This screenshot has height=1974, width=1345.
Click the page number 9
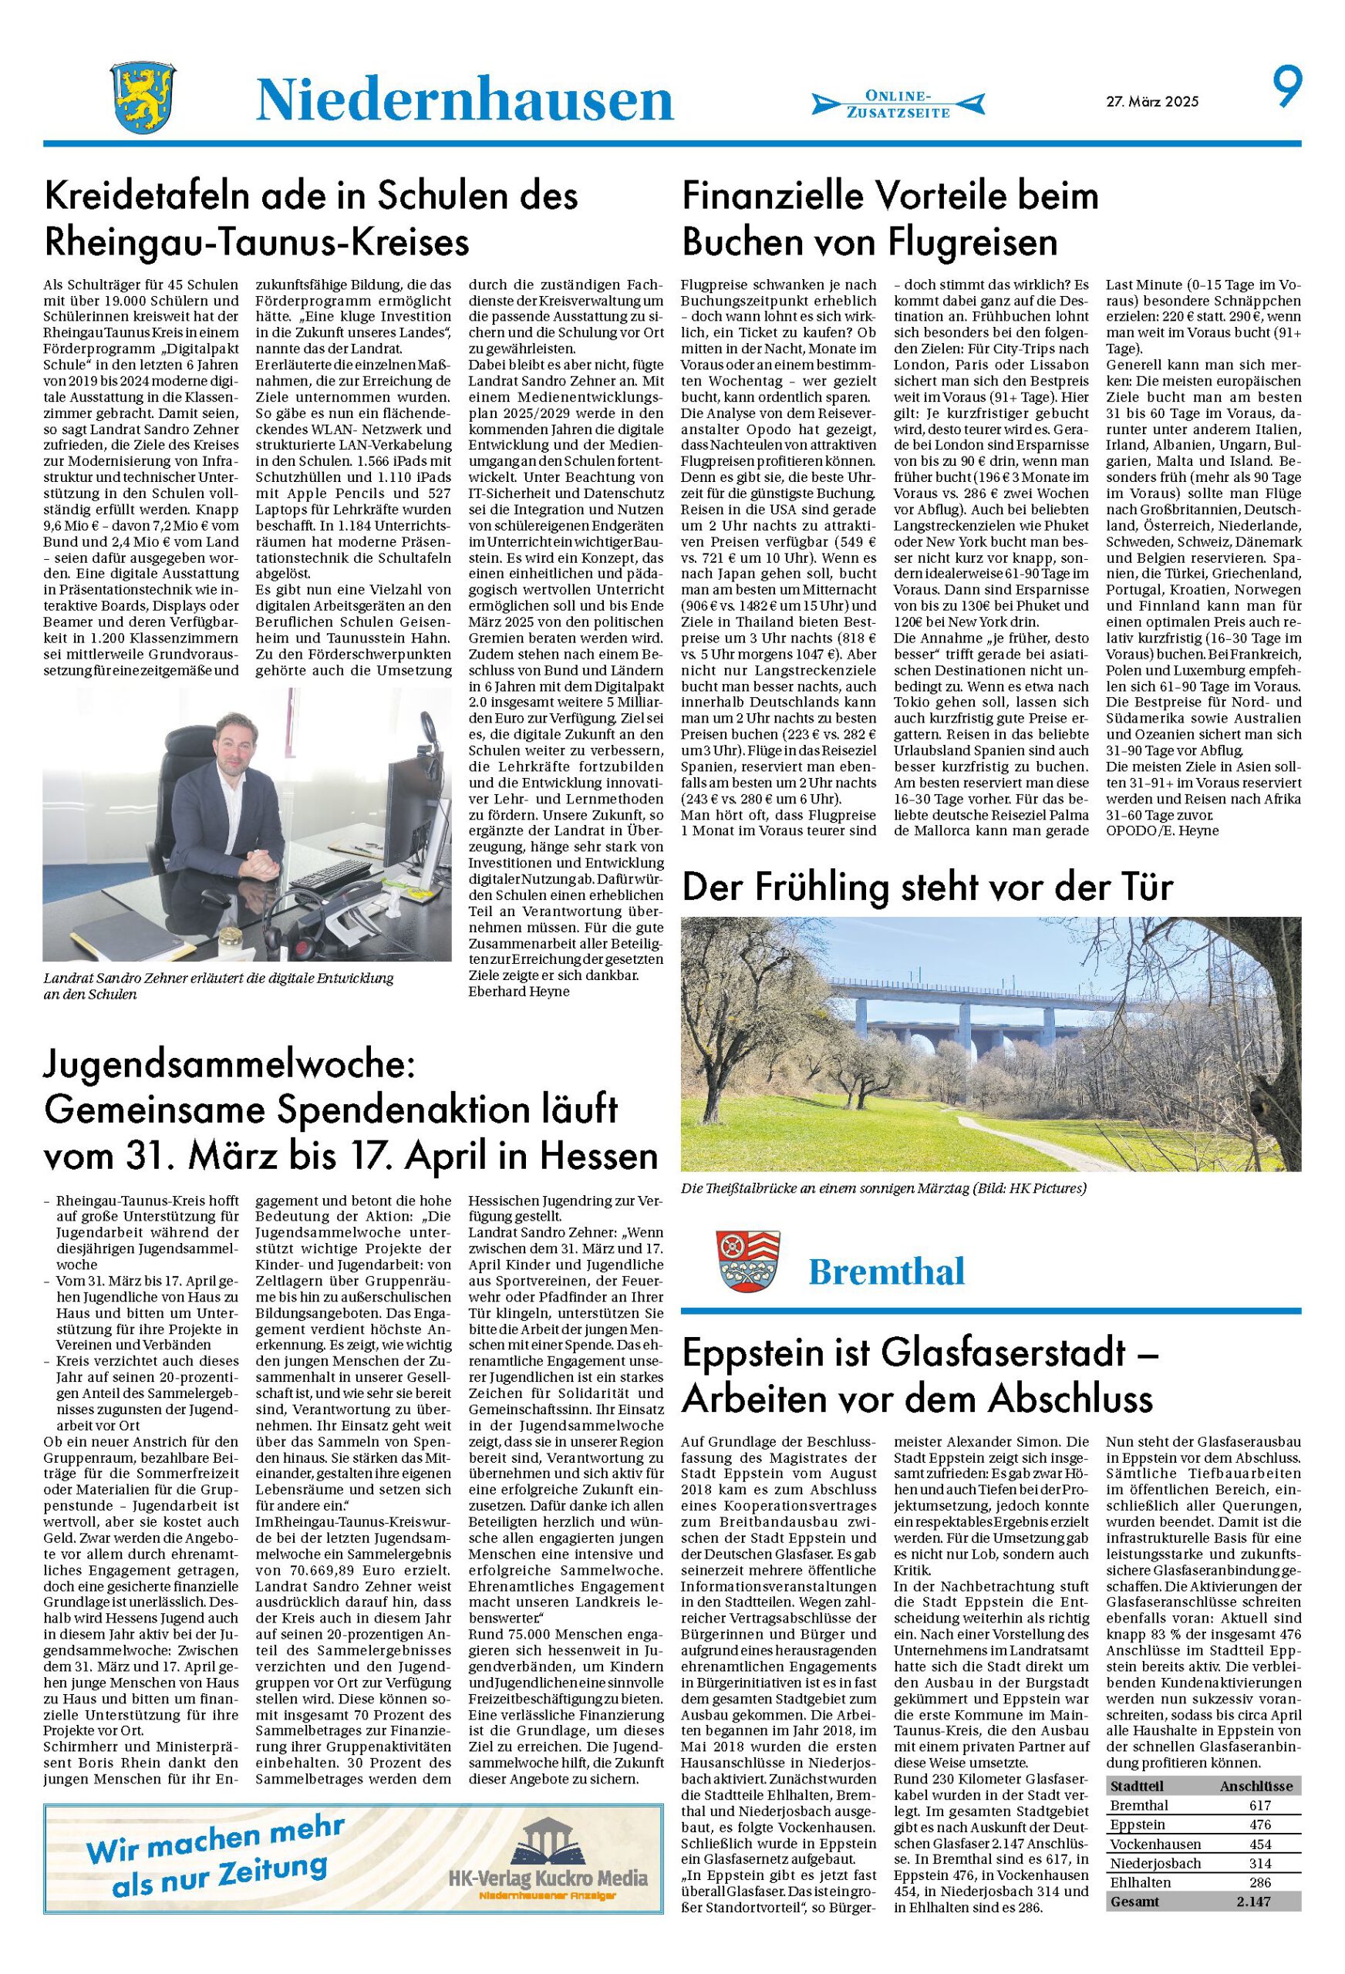(1286, 89)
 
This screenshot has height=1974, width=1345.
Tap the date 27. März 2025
(1151, 101)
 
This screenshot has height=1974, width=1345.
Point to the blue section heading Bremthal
(886, 1272)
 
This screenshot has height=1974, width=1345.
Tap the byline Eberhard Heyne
(518, 992)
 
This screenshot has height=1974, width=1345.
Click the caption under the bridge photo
(884, 1188)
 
